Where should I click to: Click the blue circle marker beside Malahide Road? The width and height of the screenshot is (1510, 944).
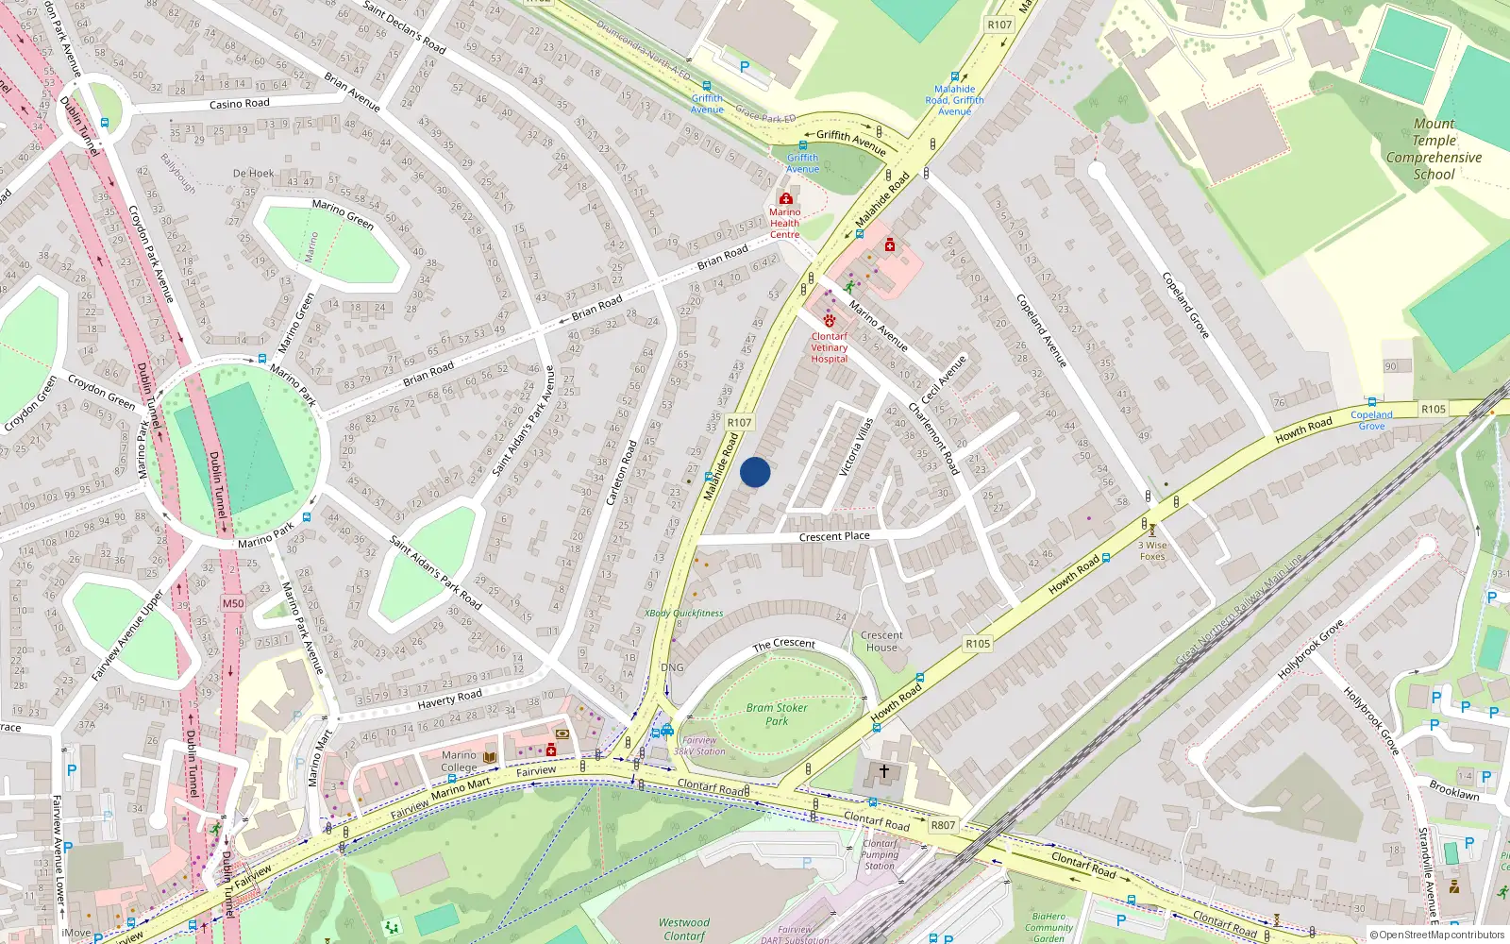click(x=755, y=472)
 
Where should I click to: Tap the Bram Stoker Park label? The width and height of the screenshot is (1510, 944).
click(x=777, y=714)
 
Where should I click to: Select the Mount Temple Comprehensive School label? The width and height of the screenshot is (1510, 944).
click(x=1434, y=149)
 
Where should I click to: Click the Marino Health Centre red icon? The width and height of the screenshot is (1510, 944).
click(x=785, y=199)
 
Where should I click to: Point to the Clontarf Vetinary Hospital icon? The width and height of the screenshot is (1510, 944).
click(x=830, y=321)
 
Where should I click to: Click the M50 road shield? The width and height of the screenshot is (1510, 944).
click(x=233, y=603)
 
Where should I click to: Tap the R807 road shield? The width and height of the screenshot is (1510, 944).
click(x=943, y=825)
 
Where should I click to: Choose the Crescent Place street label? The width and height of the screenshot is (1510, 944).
click(x=834, y=536)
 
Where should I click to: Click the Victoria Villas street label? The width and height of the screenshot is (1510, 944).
click(x=857, y=447)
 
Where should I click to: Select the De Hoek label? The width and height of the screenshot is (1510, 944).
click(x=253, y=174)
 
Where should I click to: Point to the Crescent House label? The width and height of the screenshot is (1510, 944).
click(x=881, y=641)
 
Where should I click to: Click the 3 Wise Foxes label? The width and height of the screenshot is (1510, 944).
click(x=1152, y=550)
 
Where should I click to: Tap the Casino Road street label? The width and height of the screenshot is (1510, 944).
click(x=239, y=104)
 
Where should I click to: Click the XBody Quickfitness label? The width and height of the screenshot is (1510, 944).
click(x=684, y=614)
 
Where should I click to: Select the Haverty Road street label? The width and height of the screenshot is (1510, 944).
click(x=449, y=700)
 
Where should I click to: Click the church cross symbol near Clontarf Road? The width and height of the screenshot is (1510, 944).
click(x=883, y=771)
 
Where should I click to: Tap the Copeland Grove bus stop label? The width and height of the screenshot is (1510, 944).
click(x=1371, y=420)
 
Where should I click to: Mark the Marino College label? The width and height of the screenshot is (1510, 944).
click(x=460, y=761)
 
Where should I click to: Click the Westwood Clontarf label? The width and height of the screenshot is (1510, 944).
click(x=684, y=929)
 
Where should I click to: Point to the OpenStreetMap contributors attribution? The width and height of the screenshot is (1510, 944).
click(x=1436, y=936)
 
